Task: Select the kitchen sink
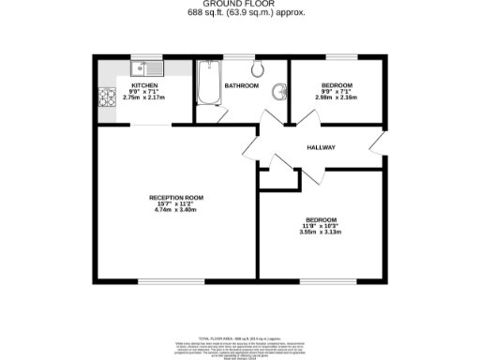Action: click(146, 67)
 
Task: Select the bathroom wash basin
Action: click(278, 92)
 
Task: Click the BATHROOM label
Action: click(241, 86)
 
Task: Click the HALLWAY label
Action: click(321, 148)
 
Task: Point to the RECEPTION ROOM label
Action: click(176, 198)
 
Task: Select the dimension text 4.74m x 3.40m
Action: click(176, 211)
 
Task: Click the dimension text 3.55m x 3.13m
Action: click(322, 232)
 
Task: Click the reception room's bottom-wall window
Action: click(164, 281)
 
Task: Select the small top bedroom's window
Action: click(338, 58)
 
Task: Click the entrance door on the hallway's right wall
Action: click(379, 145)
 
